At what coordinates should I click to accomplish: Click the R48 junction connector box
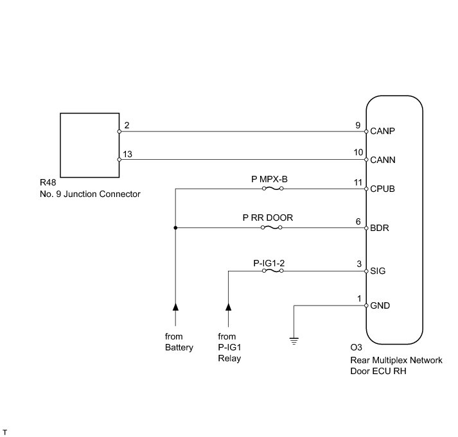point(89,144)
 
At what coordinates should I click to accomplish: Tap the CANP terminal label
point(382,132)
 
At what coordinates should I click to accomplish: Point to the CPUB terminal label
point(382,189)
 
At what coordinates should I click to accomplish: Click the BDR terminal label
point(380,228)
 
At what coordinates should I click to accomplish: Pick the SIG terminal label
point(378,271)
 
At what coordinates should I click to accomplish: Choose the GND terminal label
point(380,305)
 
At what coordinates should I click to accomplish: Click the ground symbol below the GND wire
point(294,341)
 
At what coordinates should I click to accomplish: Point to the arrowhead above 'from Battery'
point(175,307)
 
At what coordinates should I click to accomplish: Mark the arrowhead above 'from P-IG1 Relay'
point(228,307)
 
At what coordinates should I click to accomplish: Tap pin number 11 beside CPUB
point(358,183)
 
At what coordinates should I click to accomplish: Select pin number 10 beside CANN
point(358,153)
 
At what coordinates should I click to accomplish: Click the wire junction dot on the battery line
point(175,228)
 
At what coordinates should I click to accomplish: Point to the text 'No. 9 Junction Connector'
point(90,194)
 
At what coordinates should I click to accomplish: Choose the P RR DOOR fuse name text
point(268,218)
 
